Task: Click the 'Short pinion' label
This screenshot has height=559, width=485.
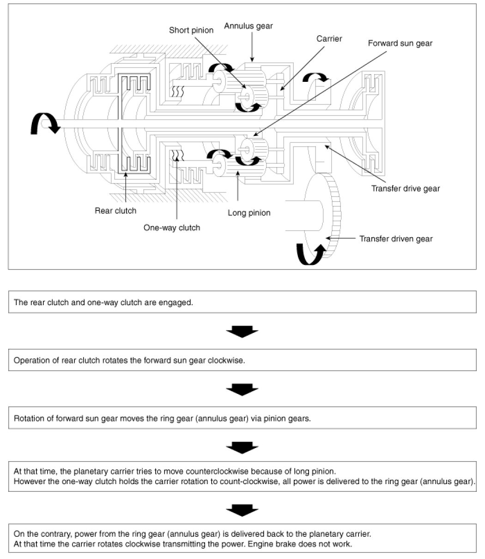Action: click(x=191, y=31)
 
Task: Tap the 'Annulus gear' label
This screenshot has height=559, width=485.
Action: click(x=249, y=26)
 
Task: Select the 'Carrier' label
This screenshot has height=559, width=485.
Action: click(x=329, y=39)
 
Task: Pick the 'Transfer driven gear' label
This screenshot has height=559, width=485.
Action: click(x=396, y=239)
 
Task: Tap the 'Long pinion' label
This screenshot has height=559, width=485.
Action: click(x=249, y=213)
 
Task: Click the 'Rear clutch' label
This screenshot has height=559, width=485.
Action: click(x=115, y=210)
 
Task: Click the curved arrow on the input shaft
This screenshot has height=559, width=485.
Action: click(x=44, y=123)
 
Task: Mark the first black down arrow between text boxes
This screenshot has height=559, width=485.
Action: click(x=242, y=332)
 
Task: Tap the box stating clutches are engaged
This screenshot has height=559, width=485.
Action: click(x=242, y=303)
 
